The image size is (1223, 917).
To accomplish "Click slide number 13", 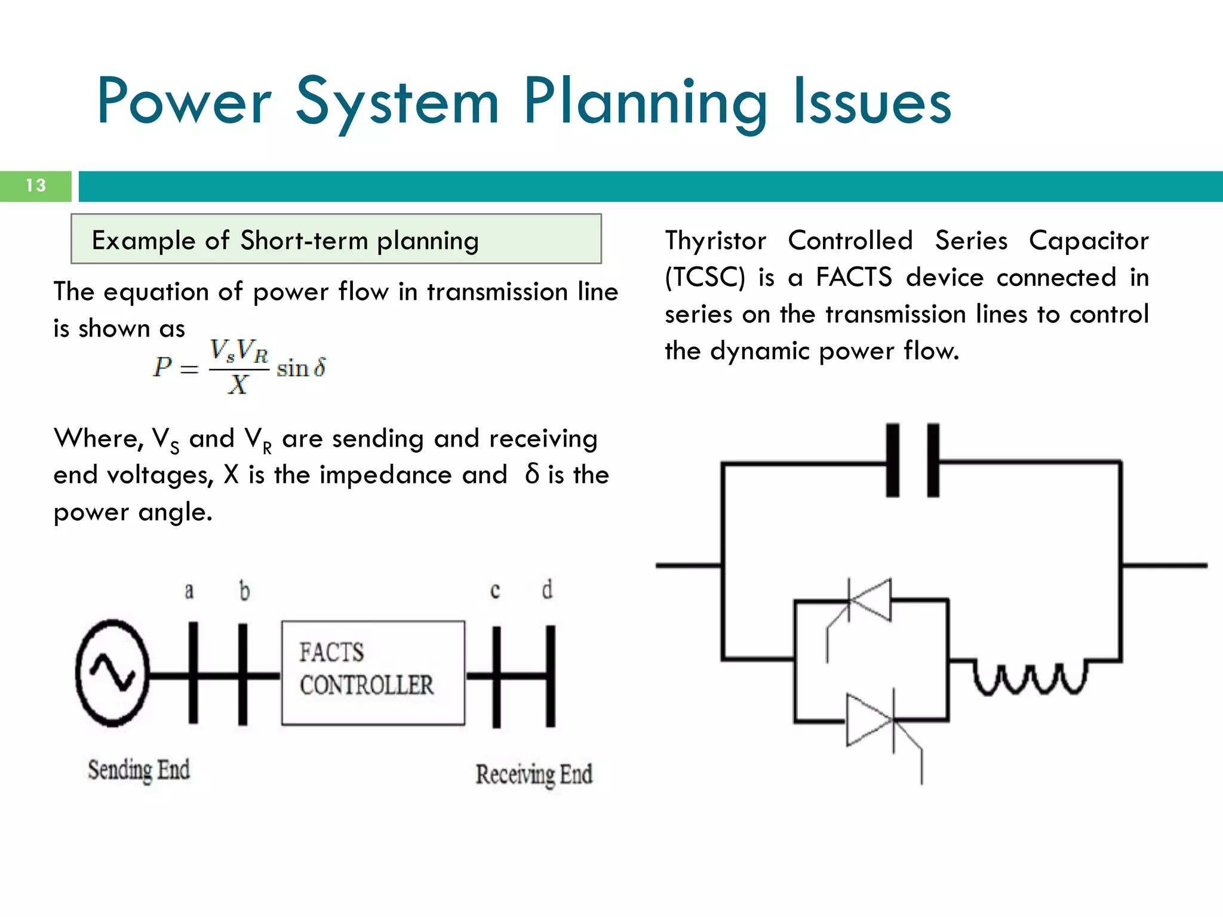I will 36,186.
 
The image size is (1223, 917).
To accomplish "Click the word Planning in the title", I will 645,103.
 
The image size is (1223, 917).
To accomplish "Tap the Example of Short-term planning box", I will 336,239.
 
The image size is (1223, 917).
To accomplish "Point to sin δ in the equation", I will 302,368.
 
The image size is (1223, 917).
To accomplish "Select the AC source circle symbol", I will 112,673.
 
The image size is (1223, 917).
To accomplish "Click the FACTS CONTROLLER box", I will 373,673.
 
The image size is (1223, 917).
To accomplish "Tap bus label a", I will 189,591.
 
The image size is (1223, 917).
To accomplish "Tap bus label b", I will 244,591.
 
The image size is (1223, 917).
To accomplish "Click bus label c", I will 495,591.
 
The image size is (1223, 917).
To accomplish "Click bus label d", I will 547,590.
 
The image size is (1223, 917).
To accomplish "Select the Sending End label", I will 139,770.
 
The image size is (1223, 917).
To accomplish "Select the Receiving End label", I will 534,774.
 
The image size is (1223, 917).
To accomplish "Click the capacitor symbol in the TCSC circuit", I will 912,460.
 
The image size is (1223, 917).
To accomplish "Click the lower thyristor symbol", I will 869,721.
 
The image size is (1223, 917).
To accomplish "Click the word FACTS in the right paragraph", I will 854,278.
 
